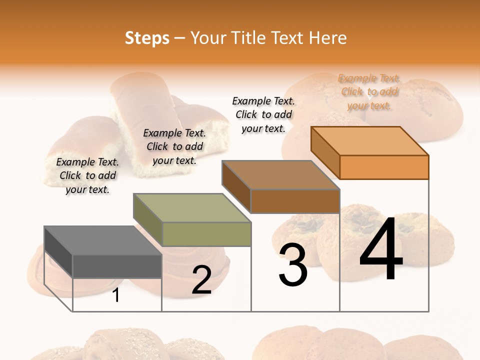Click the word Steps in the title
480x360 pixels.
(x=147, y=38)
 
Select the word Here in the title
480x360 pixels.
(x=327, y=38)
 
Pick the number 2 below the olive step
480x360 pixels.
(x=201, y=280)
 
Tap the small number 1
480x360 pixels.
(x=116, y=295)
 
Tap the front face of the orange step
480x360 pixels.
(x=384, y=167)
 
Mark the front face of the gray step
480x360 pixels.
(x=117, y=266)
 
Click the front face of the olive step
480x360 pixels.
(x=206, y=234)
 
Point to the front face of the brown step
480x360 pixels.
(x=295, y=201)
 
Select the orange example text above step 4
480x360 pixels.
(x=369, y=92)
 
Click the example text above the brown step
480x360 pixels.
(x=263, y=114)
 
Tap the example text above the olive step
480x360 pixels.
(x=174, y=146)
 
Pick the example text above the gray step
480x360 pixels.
(x=87, y=175)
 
